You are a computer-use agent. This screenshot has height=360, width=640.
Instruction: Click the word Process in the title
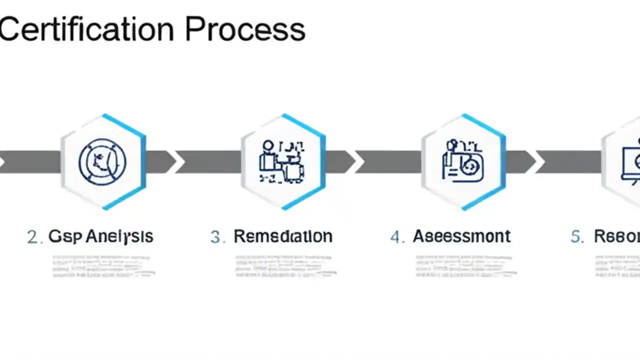point(245,30)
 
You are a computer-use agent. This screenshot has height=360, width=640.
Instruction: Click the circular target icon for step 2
point(102,162)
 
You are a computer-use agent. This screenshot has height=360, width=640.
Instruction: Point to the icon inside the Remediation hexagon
point(282,161)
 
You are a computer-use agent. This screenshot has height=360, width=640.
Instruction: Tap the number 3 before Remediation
point(216,237)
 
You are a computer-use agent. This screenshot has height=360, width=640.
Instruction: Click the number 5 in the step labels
point(576,237)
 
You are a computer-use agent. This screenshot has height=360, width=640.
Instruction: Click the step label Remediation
point(283,236)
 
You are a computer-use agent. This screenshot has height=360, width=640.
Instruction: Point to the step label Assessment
point(461,236)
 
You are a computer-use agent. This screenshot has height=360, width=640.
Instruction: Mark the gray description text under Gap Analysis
point(103,266)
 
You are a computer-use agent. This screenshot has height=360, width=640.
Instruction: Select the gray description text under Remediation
point(285,266)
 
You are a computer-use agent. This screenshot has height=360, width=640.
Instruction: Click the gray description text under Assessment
point(465,266)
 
